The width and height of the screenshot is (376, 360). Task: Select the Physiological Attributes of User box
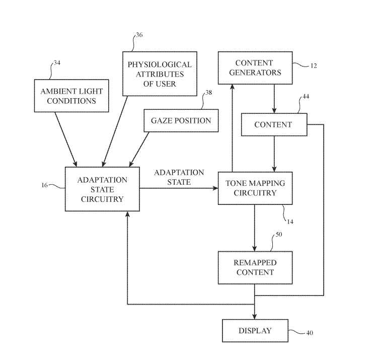pos(159,74)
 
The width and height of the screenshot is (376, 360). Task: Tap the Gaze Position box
pos(181,121)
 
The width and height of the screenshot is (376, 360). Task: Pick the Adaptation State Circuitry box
pos(102,189)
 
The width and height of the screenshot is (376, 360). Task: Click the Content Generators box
pos(254,67)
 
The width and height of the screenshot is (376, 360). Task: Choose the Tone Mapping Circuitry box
pos(255,188)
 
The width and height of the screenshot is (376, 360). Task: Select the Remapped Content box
pos(254,267)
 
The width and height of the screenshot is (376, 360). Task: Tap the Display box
pos(255,331)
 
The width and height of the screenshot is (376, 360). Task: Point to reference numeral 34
pos(57,64)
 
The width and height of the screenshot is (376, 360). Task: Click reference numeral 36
pos(139,35)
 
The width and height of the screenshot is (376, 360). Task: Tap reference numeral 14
pos(290,221)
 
